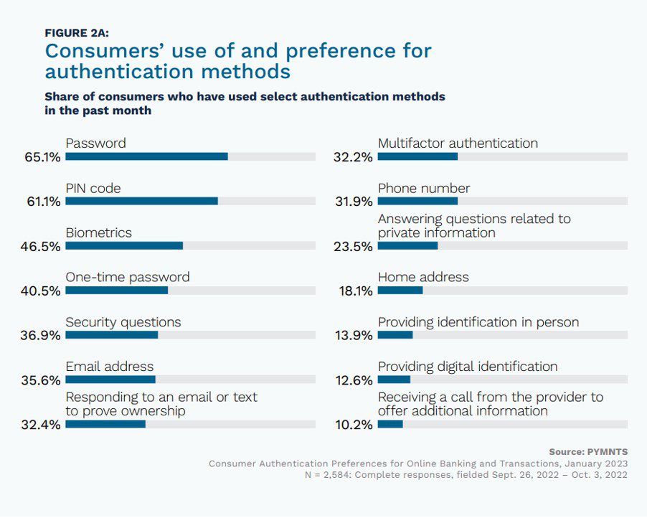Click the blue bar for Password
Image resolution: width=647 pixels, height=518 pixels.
pos(146,156)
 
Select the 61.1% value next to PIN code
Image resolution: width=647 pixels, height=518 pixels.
pos(43,202)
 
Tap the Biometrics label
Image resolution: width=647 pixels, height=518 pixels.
pos(99,232)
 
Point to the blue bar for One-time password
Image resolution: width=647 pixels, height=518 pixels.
pos(116,291)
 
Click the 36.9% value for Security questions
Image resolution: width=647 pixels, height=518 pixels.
pos(43,336)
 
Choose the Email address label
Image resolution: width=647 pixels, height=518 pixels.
pos(110,367)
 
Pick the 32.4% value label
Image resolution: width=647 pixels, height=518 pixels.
pos(43,425)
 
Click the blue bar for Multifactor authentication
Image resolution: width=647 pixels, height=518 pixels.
pos(417,156)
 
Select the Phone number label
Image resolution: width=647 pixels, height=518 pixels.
pos(424,188)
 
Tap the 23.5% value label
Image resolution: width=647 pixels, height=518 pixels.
pos(354,247)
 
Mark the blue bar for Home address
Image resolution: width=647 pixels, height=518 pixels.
pos(400,291)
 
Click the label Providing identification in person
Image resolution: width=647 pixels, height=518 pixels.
pos(478,322)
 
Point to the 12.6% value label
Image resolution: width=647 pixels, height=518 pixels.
pos(354,380)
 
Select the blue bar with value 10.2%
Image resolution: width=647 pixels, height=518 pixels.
pos(390,424)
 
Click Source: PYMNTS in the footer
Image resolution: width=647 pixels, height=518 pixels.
pos(588,451)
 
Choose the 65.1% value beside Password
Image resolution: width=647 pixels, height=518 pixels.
pos(43,157)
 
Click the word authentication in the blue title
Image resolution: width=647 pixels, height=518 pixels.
pos(118,72)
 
